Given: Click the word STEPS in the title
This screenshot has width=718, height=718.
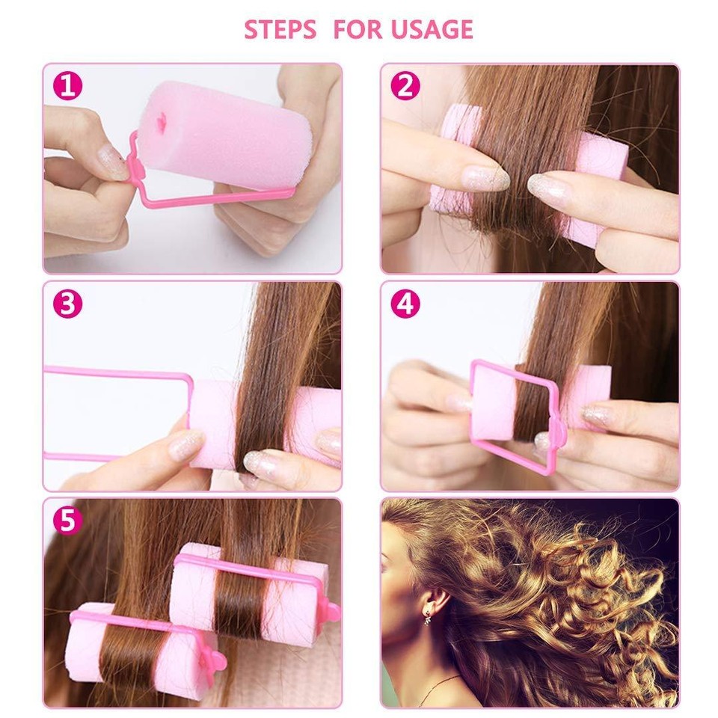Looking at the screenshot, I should point(281,29).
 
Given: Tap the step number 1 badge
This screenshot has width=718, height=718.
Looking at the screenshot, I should point(67,86).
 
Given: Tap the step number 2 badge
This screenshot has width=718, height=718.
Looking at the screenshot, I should point(405,86).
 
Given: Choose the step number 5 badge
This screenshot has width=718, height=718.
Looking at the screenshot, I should point(67,521).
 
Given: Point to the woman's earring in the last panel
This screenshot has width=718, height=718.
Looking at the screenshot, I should point(427,620).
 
